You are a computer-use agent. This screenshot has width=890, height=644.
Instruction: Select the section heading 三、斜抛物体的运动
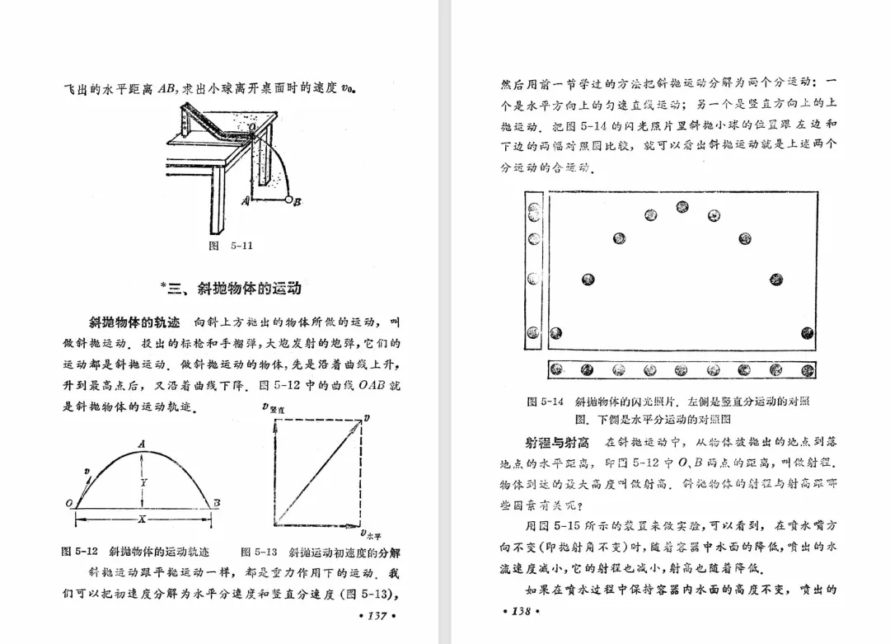coord(234,289)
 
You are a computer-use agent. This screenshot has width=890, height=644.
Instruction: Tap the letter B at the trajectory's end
coord(217,502)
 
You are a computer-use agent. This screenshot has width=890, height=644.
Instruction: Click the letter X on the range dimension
coord(142,520)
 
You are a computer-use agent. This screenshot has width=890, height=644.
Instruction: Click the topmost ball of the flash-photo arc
coord(682,207)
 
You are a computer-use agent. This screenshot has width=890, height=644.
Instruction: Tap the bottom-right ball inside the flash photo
coord(806,334)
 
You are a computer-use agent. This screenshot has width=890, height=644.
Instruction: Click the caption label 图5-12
coord(80,551)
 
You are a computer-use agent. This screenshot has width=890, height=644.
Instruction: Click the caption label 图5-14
coord(545,402)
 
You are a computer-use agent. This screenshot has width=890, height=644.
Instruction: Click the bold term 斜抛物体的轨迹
coord(133,322)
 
